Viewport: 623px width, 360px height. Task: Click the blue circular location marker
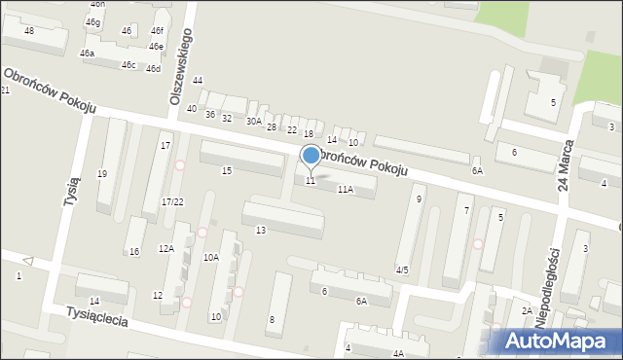click(311, 155)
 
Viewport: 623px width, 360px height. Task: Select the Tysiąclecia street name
click(97, 320)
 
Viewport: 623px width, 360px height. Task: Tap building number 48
click(29, 31)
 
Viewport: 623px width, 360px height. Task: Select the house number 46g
click(92, 21)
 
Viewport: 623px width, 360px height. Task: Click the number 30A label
click(254, 122)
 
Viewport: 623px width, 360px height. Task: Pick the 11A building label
click(345, 190)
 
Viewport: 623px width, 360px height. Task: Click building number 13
click(261, 230)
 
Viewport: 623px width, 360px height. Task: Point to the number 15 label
click(227, 171)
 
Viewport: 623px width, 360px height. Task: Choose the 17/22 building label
click(172, 201)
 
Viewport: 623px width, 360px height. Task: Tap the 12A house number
click(166, 249)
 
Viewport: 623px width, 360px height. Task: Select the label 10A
click(210, 258)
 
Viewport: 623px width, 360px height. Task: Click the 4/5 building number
click(402, 270)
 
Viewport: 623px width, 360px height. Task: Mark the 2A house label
click(527, 310)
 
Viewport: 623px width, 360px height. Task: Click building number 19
click(102, 173)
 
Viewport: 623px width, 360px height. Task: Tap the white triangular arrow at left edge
click(28, 261)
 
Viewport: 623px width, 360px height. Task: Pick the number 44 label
click(198, 80)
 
